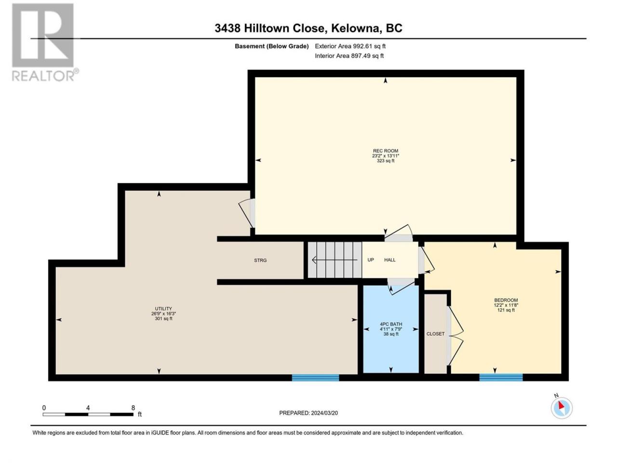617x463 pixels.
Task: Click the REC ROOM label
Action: pyautogui.click(x=385, y=151)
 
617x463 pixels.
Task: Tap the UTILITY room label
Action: pyautogui.click(x=163, y=309)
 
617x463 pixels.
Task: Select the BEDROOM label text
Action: pyautogui.click(x=506, y=300)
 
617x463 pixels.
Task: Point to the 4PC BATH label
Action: pyautogui.click(x=391, y=324)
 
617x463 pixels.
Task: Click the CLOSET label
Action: pyautogui.click(x=435, y=334)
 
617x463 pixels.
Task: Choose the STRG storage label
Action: pyautogui.click(x=260, y=260)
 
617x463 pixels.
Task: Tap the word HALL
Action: pyautogui.click(x=390, y=260)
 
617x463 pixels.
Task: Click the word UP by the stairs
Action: pyautogui.click(x=371, y=260)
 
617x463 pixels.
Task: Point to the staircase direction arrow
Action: pyautogui.click(x=335, y=260)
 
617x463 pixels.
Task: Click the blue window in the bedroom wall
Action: pyautogui.click(x=501, y=377)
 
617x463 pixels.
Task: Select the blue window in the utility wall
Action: pyautogui.click(x=315, y=378)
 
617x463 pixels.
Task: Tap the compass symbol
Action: pyautogui.click(x=562, y=408)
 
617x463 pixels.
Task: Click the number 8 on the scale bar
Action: pyautogui.click(x=133, y=408)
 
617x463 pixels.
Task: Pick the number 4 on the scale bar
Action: pyautogui.click(x=88, y=408)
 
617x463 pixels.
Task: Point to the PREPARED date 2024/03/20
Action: pyautogui.click(x=308, y=413)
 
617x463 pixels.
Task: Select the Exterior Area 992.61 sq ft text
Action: pyautogui.click(x=350, y=46)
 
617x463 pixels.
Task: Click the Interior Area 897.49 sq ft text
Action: pyautogui.click(x=349, y=55)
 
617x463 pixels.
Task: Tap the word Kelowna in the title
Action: pyautogui.click(x=355, y=28)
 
